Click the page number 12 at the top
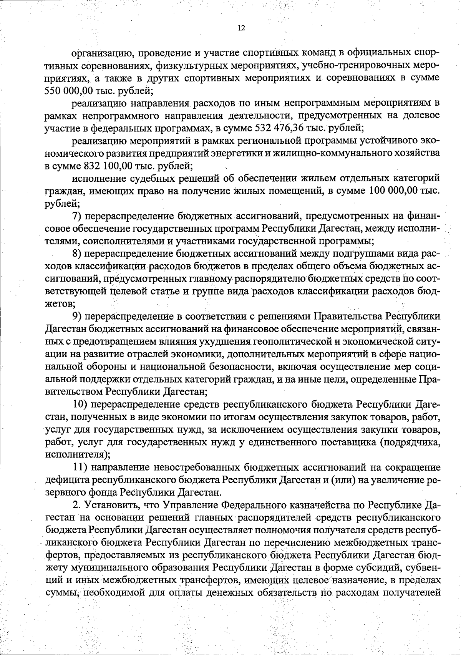[x=241, y=28]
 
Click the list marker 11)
[x=80, y=467]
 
